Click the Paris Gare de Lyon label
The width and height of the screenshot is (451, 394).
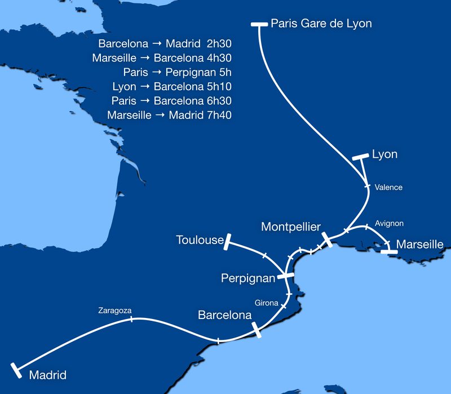(321, 24)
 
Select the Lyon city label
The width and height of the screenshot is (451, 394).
(385, 154)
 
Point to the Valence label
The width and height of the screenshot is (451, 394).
(389, 187)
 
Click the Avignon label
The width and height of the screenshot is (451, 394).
(389, 223)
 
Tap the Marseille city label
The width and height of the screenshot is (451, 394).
(420, 244)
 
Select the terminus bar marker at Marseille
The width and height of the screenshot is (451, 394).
(388, 251)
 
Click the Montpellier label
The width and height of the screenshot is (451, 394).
(291, 227)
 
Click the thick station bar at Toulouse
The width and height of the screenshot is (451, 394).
(227, 242)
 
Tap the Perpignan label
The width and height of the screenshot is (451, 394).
(248, 278)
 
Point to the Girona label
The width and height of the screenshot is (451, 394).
(266, 303)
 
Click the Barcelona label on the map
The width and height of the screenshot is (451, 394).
(224, 316)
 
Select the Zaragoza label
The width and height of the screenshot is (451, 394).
(114, 310)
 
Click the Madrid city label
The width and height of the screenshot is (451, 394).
(47, 375)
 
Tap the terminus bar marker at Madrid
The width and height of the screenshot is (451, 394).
(16, 370)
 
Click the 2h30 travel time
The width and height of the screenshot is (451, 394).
(219, 43)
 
